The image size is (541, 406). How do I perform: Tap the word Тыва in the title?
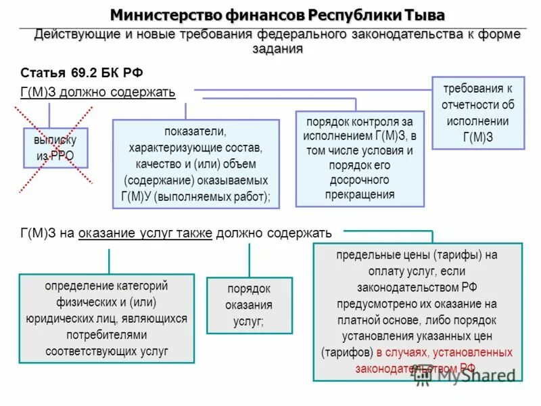pos(423,14)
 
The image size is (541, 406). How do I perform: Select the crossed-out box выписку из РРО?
pos(55,148)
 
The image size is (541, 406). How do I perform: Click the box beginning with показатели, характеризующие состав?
pos(195,163)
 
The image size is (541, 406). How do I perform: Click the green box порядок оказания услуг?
pos(249,305)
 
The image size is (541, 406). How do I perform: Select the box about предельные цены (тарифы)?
pos(417,311)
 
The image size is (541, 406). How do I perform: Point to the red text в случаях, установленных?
pos(444,353)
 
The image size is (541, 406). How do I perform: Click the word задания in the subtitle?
pos(277,49)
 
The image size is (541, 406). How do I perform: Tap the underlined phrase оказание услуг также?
pos(145,233)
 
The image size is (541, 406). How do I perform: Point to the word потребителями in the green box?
pos(107,335)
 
